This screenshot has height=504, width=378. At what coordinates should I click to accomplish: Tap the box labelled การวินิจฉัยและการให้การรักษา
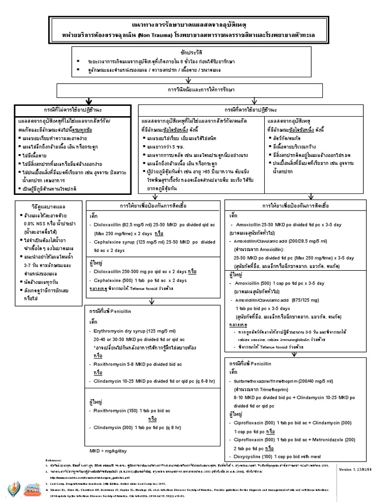coord(189,90)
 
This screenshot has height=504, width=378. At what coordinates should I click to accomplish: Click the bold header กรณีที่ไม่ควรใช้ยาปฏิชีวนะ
coord(73,108)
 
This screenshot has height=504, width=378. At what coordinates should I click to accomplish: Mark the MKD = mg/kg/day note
coord(107,450)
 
